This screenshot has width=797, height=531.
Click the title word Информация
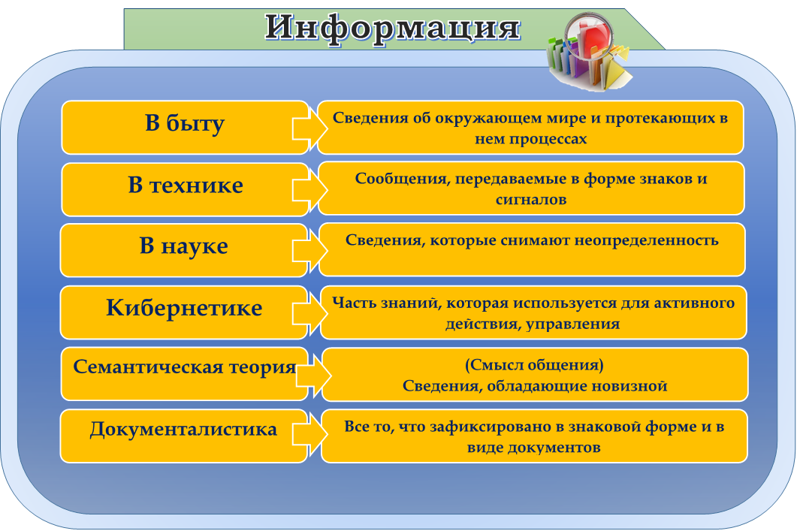click(392, 29)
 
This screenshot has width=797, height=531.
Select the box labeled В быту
click(185, 128)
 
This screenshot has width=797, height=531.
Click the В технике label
click(185, 185)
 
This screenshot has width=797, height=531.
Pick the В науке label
click(183, 246)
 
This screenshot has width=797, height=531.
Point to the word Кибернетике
click(184, 308)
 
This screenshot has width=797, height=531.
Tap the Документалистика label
click(183, 430)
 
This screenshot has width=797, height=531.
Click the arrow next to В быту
click(309, 128)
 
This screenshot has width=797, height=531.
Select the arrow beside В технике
click(309, 189)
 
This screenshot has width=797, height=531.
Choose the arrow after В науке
click(309, 249)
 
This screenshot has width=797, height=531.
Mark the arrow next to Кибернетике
click(309, 312)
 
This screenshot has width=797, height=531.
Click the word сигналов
click(531, 200)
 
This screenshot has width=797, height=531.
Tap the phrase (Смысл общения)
click(534, 365)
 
